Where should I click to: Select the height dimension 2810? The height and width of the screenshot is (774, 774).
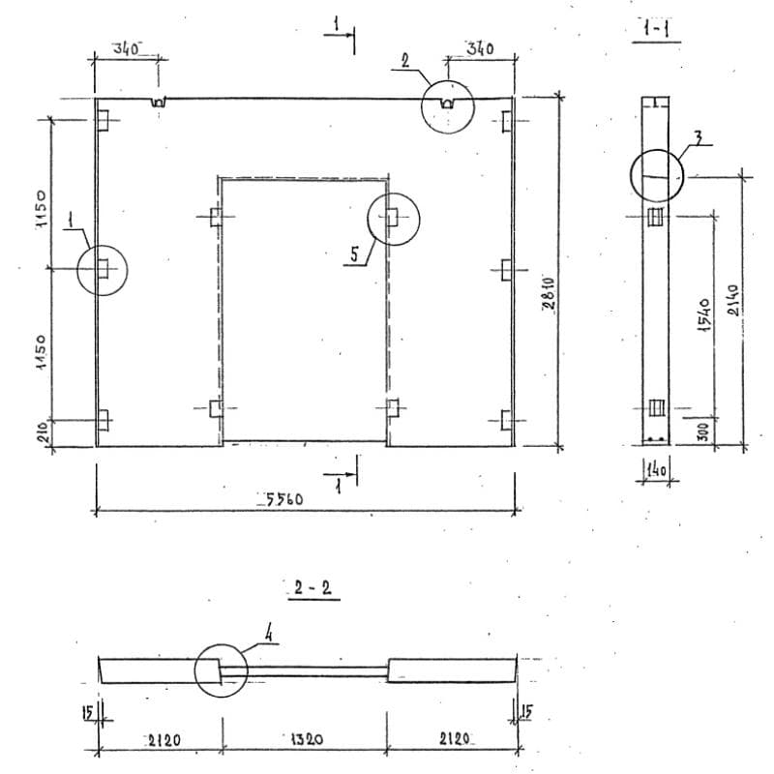(547, 293)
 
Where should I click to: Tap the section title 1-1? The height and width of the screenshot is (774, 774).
(657, 30)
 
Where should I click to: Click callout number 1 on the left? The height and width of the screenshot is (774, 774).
(71, 221)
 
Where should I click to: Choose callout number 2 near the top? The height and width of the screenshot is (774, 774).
(405, 60)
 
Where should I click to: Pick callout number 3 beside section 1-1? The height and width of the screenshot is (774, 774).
(698, 134)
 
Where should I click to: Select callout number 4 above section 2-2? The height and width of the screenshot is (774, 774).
(271, 635)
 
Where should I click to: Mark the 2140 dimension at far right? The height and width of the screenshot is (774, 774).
(733, 306)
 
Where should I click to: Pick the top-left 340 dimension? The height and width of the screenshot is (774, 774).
(128, 47)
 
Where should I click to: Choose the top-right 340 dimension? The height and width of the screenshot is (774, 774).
(481, 48)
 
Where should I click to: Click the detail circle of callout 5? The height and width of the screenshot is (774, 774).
(394, 220)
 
